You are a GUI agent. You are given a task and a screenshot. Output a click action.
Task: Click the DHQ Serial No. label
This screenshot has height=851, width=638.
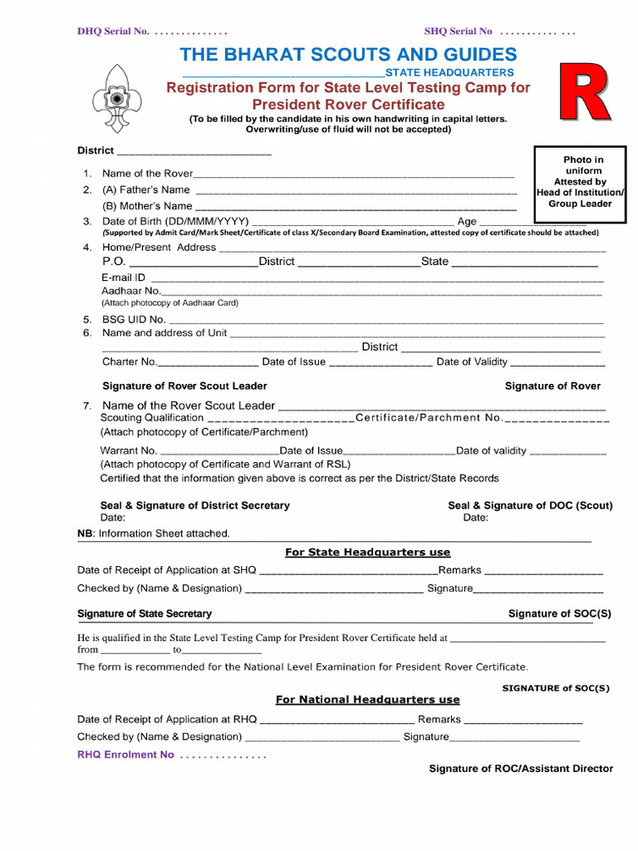click(x=113, y=32)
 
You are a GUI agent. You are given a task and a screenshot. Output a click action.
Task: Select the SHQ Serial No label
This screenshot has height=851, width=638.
click(x=459, y=32)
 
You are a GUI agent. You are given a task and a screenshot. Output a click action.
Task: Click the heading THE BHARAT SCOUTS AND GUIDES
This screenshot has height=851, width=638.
click(x=348, y=55)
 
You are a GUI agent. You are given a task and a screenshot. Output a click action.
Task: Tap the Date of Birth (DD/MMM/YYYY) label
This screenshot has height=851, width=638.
click(x=175, y=221)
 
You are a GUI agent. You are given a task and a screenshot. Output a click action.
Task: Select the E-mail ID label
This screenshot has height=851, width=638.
click(x=124, y=277)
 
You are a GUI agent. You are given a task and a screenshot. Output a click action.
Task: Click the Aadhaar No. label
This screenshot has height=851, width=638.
click(x=131, y=291)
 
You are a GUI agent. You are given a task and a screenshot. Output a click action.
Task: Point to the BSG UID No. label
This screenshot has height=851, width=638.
click(x=134, y=319)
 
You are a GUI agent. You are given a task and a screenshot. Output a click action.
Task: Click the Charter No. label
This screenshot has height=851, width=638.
click(x=129, y=362)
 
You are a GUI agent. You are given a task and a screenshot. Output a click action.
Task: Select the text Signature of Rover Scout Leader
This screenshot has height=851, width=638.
click(x=184, y=386)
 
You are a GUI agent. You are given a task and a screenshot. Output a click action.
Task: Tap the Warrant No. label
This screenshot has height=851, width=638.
click(x=128, y=450)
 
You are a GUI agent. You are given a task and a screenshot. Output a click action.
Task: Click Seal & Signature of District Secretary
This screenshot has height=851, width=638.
click(x=194, y=505)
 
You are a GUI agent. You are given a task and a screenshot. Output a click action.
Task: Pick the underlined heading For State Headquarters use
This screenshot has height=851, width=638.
click(x=367, y=552)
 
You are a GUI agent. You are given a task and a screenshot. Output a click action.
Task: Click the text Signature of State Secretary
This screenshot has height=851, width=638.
click(x=145, y=613)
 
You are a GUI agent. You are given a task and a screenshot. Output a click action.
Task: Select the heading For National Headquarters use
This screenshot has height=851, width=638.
click(x=367, y=700)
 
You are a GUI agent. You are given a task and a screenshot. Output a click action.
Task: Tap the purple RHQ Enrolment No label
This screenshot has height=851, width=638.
click(x=125, y=755)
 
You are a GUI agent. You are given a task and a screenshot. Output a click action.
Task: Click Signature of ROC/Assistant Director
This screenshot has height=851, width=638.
click(x=520, y=769)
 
